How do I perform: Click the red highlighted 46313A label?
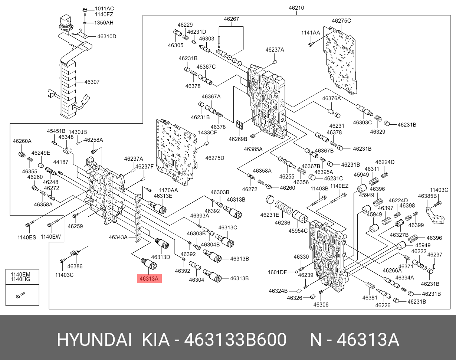point(150,278)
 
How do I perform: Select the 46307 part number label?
point(92,82)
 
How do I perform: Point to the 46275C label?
point(341,21)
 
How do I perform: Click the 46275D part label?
point(215,158)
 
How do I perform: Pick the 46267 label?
point(231,19)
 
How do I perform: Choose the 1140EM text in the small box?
point(20,275)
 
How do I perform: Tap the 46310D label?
point(107,36)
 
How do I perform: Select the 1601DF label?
point(278,272)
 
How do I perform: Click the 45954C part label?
point(299,231)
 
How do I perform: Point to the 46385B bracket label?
point(427,196)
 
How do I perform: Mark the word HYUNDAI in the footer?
point(94,340)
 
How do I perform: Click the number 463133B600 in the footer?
point(236,340)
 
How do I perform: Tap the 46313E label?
point(163,196)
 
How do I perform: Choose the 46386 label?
point(75,266)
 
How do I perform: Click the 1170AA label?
point(168,190)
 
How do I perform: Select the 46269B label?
point(238,139)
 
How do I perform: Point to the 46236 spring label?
point(282,223)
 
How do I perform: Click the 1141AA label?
point(311,33)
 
